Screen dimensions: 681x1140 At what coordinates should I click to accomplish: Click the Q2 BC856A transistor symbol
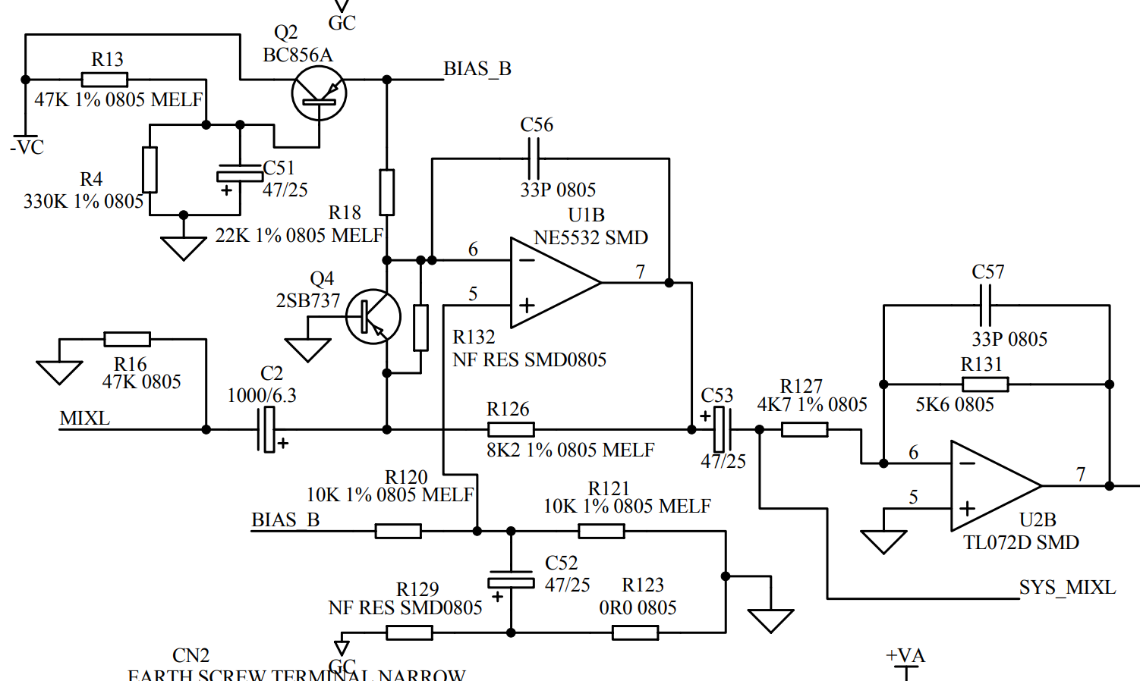point(319,93)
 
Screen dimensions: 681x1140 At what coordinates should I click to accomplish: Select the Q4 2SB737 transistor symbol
point(373,316)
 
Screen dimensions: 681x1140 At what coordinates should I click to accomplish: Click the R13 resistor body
point(105,79)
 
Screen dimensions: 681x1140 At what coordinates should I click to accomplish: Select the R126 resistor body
point(511,429)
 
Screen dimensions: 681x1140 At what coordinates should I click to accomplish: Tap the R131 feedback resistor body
point(985,384)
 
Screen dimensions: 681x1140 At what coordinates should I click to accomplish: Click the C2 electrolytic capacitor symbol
point(268,429)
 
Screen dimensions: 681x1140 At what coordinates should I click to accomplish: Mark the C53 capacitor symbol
point(722,429)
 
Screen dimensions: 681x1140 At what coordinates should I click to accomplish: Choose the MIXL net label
point(84,419)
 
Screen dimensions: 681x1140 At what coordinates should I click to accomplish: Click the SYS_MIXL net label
point(1067,588)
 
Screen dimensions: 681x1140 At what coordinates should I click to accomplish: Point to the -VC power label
point(27,147)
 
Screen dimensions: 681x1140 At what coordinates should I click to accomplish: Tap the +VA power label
point(905,656)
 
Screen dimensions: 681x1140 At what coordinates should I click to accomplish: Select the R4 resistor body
point(150,170)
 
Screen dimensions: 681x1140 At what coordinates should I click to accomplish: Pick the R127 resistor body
point(805,429)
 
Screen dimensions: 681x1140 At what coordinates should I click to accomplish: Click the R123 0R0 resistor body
point(635,632)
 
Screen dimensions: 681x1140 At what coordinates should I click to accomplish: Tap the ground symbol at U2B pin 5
point(883,541)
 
